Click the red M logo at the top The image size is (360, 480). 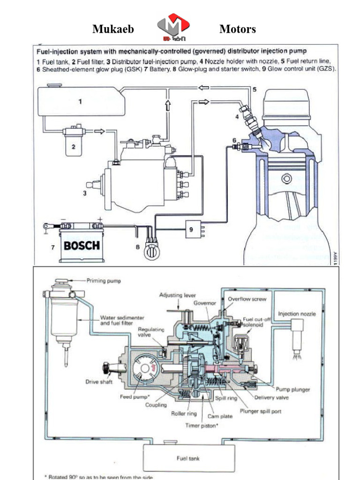tap(173, 27)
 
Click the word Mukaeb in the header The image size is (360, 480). tap(113, 30)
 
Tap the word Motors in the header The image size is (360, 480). tap(237, 30)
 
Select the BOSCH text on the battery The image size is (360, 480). tap(82, 245)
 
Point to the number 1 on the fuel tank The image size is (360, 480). tap(80, 101)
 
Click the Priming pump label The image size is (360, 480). tap(104, 281)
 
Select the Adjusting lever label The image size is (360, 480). tap(178, 296)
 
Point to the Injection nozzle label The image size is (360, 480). tap(297, 313)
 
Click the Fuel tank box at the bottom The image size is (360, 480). tap(189, 458)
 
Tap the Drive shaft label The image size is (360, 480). tap(98, 382)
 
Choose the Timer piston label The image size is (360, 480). tap(203, 425)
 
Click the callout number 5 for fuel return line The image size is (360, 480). tap(255, 89)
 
